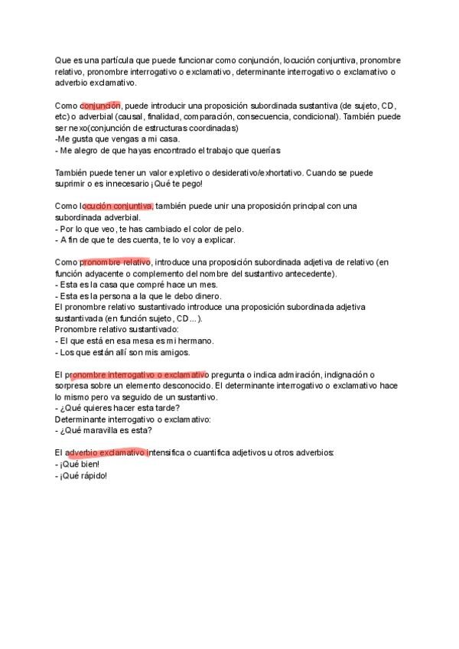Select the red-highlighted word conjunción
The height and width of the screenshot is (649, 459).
[101, 105]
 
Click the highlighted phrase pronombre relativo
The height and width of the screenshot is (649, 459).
[116, 263]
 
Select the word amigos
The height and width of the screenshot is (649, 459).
[173, 352]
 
